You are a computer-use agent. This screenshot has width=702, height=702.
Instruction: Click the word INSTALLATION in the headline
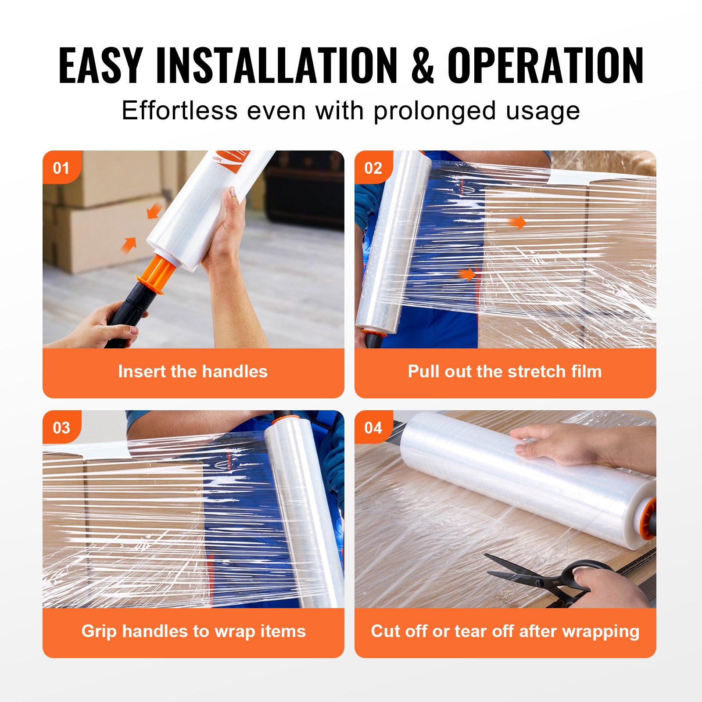click(x=276, y=66)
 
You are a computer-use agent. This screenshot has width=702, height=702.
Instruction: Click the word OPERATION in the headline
click(x=545, y=66)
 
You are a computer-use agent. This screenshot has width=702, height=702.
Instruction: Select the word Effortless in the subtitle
click(x=179, y=111)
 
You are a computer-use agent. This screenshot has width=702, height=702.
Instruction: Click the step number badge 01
click(x=61, y=168)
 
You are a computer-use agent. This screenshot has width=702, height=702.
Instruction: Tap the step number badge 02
click(x=373, y=168)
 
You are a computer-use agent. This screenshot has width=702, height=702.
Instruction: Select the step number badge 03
click(x=61, y=428)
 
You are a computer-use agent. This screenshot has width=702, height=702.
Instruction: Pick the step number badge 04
click(x=373, y=428)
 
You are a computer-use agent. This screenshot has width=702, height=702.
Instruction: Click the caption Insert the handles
click(x=193, y=372)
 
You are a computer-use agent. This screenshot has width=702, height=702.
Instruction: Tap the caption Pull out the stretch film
click(x=505, y=372)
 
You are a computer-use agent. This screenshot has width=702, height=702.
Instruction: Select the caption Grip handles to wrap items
click(x=193, y=631)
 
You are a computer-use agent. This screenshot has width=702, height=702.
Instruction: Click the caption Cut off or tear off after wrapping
click(x=505, y=631)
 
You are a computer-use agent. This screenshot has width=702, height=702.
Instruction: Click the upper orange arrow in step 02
click(x=518, y=222)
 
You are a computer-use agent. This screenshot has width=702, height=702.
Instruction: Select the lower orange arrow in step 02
click(x=467, y=275)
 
